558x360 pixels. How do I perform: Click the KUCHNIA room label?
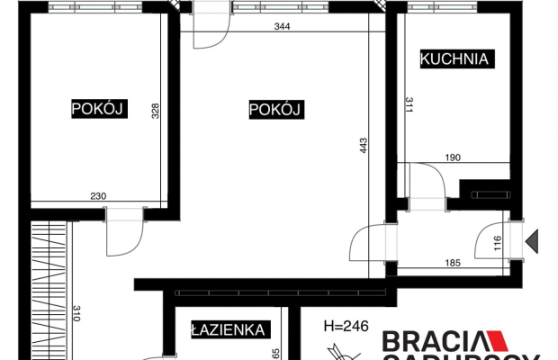tap(454, 59)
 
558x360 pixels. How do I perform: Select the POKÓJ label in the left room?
tap(96, 110)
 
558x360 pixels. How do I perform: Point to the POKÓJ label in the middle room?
tap(274, 110)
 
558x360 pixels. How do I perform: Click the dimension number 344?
tap(283, 27)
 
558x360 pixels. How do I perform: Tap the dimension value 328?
tap(155, 111)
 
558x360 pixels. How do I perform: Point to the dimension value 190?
tap(454, 157)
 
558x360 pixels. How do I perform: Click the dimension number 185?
tap(452, 264)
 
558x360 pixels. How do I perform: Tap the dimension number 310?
tap(76, 313)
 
